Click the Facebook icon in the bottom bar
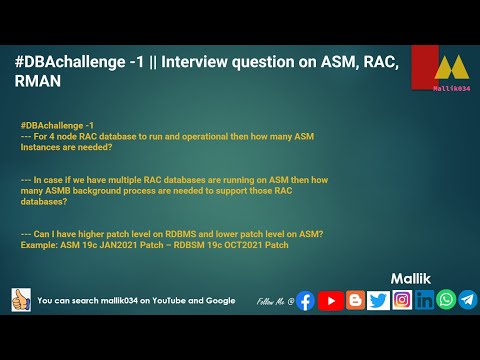[305, 300]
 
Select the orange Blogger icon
[355, 300]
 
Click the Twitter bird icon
[379, 300]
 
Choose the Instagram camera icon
[402, 300]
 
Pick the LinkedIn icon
[425, 300]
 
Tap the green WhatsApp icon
[446, 300]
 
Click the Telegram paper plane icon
[467, 300]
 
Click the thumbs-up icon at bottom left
[20, 299]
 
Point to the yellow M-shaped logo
[451, 68]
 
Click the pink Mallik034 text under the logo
[451, 88]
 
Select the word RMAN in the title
[38, 83]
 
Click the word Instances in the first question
[43, 145]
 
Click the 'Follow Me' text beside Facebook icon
[274, 301]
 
